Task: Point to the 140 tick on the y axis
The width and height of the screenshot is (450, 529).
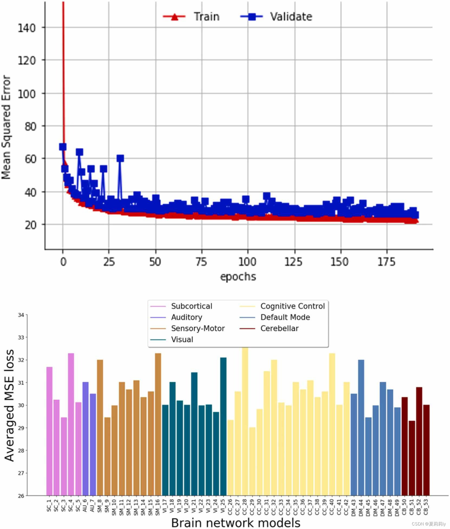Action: pos(27,28)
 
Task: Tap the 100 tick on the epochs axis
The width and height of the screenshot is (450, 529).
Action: pos(247,262)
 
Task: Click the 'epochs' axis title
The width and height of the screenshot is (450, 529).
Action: pos(238,277)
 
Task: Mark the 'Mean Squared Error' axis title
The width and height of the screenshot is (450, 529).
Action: pos(6,127)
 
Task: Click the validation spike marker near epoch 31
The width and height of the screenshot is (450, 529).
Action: pos(120,158)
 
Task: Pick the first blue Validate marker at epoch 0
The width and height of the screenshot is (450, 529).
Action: pos(63,147)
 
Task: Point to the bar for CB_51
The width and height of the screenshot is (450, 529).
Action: pos(412,458)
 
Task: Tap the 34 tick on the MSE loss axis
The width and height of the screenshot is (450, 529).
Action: pos(21,315)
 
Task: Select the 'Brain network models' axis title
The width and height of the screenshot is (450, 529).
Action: pos(236,523)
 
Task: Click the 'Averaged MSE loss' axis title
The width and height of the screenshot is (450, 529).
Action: pos(9,405)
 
